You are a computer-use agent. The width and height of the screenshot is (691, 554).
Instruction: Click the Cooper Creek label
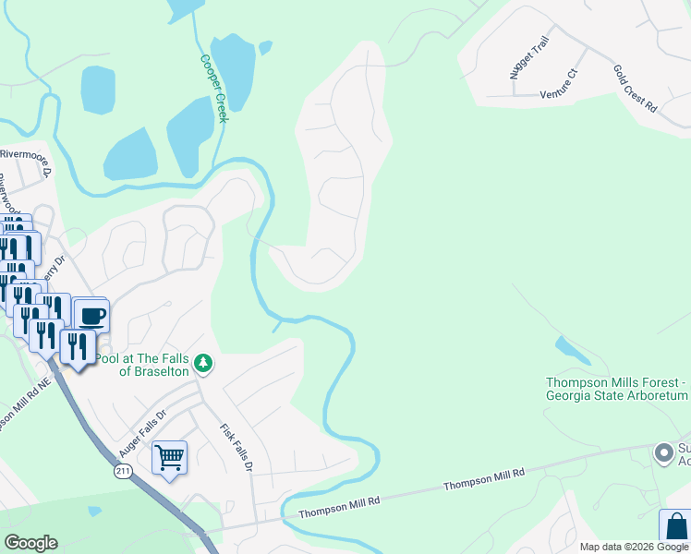(x=213, y=89)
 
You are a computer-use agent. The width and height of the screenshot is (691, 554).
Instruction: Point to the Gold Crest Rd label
(x=635, y=89)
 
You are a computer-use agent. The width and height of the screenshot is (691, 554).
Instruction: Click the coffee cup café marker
(x=91, y=317)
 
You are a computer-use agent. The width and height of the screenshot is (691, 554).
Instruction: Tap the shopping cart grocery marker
(x=169, y=456)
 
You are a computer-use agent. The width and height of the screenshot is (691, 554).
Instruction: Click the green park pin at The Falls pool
(x=204, y=366)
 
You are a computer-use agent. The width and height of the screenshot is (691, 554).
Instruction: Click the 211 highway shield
(x=123, y=472)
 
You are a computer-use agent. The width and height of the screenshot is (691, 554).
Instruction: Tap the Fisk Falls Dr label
(x=236, y=448)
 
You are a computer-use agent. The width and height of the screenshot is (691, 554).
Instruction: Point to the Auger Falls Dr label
(x=141, y=433)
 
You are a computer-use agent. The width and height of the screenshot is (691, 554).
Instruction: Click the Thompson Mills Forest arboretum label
(x=617, y=388)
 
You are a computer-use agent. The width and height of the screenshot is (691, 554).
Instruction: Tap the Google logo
(x=30, y=543)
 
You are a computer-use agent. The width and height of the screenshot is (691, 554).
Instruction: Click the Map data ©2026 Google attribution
(x=634, y=547)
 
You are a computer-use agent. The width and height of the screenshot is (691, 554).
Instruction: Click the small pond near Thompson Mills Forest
(x=571, y=350)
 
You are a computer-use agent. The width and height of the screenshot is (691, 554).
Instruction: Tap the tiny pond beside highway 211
(x=93, y=510)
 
